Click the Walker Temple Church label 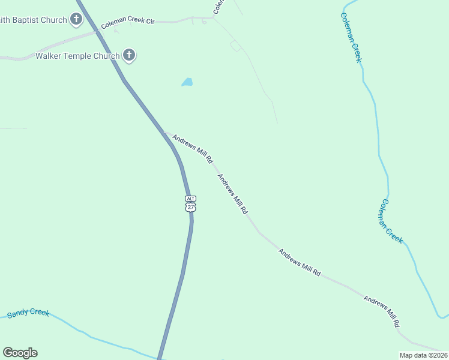(x=76, y=56)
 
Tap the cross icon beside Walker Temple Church (x=128, y=56)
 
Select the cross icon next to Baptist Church (x=76, y=19)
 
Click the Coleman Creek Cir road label (x=128, y=23)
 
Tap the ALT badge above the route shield (x=190, y=198)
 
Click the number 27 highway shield (x=190, y=207)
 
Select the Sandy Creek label (x=28, y=313)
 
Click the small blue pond (x=187, y=82)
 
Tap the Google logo (x=20, y=353)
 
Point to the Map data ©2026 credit (x=423, y=355)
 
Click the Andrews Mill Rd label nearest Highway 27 (x=193, y=149)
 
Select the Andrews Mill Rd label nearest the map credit (x=381, y=311)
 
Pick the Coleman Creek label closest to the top (x=351, y=37)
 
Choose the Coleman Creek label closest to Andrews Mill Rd (x=390, y=221)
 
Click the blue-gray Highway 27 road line (x=180, y=282)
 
